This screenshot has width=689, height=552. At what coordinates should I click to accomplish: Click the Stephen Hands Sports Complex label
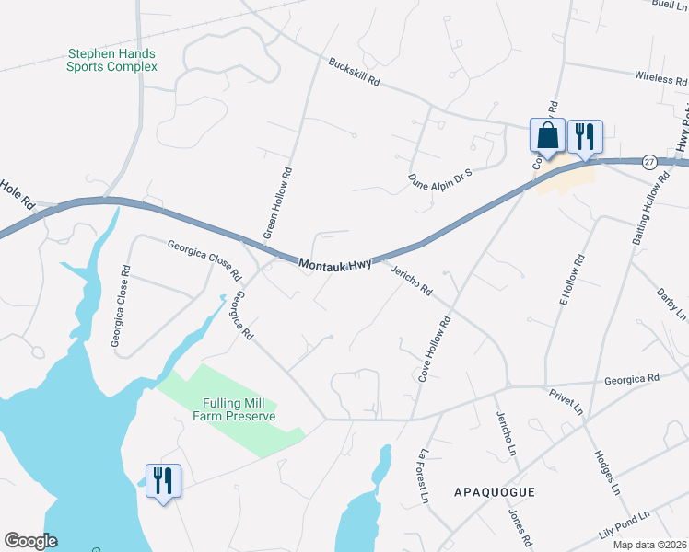[111, 61]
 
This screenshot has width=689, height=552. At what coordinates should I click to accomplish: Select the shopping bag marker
[547, 136]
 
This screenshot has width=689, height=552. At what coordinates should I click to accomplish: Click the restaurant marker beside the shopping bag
[584, 136]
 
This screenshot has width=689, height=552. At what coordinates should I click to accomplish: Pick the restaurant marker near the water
[163, 480]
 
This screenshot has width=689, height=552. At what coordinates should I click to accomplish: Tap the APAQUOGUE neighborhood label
[495, 493]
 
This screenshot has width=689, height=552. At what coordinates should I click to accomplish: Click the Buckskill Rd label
[355, 73]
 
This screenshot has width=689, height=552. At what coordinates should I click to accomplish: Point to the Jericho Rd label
[411, 277]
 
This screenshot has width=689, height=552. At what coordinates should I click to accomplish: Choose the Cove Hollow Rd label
[435, 350]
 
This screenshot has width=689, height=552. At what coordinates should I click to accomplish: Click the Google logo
[30, 541]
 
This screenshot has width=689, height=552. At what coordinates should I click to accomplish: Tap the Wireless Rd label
[660, 79]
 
